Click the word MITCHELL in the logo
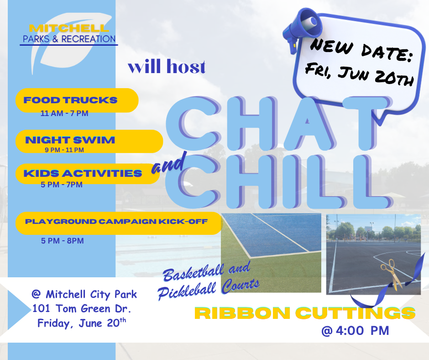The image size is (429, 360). (x=69, y=28)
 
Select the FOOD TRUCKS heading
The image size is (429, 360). (x=70, y=100)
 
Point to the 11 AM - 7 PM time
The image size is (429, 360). (x=64, y=113)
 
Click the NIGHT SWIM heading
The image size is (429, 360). (x=70, y=140)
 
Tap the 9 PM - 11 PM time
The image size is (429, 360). (x=64, y=150)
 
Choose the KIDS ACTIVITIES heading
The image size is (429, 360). (x=83, y=173)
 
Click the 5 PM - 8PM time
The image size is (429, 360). (x=63, y=241)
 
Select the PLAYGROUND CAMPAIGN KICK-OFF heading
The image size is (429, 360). (x=116, y=222)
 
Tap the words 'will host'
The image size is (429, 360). (x=167, y=66)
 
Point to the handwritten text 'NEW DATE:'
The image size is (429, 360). (x=361, y=50)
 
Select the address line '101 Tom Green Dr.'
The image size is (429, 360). (x=82, y=308)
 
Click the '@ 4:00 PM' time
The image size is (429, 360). (x=355, y=330)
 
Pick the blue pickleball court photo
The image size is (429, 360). (x=271, y=253)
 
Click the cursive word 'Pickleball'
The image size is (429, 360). (x=187, y=291)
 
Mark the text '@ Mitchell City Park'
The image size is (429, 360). (x=84, y=294)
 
